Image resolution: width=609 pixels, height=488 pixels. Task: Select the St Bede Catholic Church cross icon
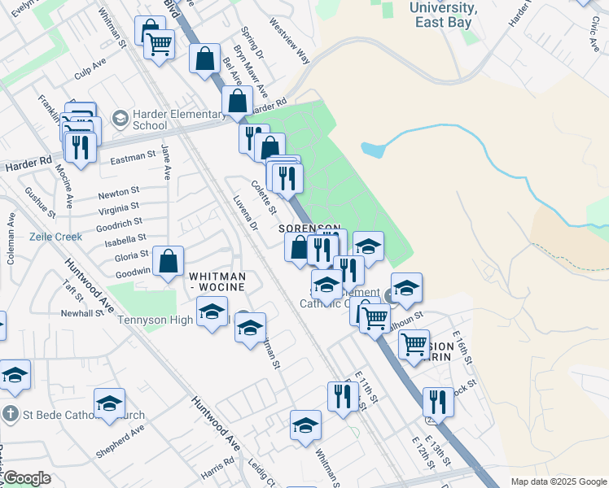click(9, 412)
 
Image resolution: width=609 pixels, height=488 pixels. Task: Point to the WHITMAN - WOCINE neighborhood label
click(217, 281)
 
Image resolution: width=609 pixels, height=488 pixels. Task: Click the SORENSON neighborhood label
click(309, 229)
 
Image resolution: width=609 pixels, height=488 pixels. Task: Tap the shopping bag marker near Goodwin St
click(169, 263)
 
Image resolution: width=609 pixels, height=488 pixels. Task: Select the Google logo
click(26, 478)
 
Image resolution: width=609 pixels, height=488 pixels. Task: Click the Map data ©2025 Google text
click(559, 481)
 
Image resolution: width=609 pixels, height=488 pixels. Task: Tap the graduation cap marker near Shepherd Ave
click(110, 404)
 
